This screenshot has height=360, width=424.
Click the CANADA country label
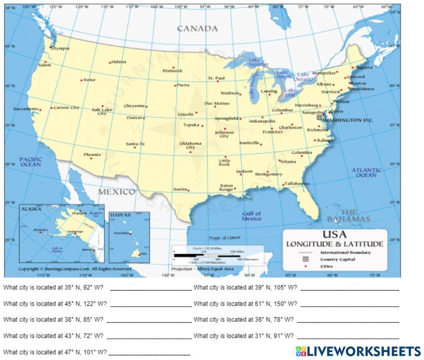[197, 29]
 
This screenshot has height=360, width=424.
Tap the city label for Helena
[119, 62]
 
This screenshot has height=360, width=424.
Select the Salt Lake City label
[102, 111]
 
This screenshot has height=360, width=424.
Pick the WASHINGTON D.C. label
[349, 120]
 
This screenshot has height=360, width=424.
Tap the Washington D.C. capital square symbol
[319, 117]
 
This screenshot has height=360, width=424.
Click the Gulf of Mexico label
[251, 216]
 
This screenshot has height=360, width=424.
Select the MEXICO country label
[117, 192]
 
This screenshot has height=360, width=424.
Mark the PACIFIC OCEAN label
[31, 161]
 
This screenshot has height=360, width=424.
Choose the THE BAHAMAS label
[349, 216]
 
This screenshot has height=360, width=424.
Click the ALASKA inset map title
[31, 209]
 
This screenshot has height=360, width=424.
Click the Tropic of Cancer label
[224, 238]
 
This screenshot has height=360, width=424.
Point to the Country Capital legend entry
[338, 259]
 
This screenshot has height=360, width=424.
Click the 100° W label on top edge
[181, 7]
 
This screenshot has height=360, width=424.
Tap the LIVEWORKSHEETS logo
[358, 351]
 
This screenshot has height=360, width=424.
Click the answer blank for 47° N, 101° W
[149, 352]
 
